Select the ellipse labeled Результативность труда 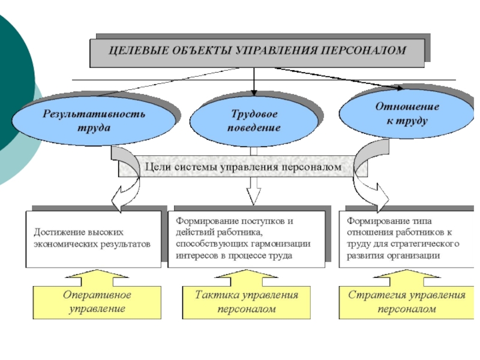[x=94, y=121]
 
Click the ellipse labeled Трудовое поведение [x=254, y=121]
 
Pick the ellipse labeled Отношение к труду [x=407, y=113]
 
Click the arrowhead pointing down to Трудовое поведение [x=253, y=92]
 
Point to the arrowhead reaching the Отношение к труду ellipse [x=400, y=88]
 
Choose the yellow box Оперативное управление [x=97, y=302]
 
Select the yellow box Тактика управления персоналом [x=247, y=302]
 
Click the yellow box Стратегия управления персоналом [x=407, y=302]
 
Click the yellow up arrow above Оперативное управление [x=97, y=278]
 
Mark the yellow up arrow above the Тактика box [x=247, y=278]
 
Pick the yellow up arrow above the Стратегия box [x=407, y=278]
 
